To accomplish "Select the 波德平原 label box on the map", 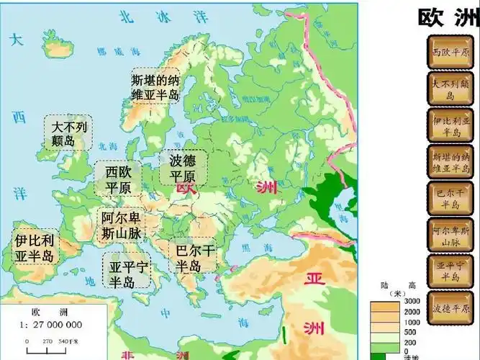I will [x=183, y=168].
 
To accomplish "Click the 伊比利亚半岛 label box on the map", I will [x=33, y=247].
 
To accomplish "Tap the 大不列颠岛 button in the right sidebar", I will [x=451, y=89].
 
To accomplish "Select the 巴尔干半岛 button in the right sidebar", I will [x=451, y=199].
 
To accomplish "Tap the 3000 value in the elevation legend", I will [x=412, y=301].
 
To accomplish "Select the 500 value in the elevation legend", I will [x=412, y=332].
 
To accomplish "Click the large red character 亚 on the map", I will [x=314, y=279].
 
